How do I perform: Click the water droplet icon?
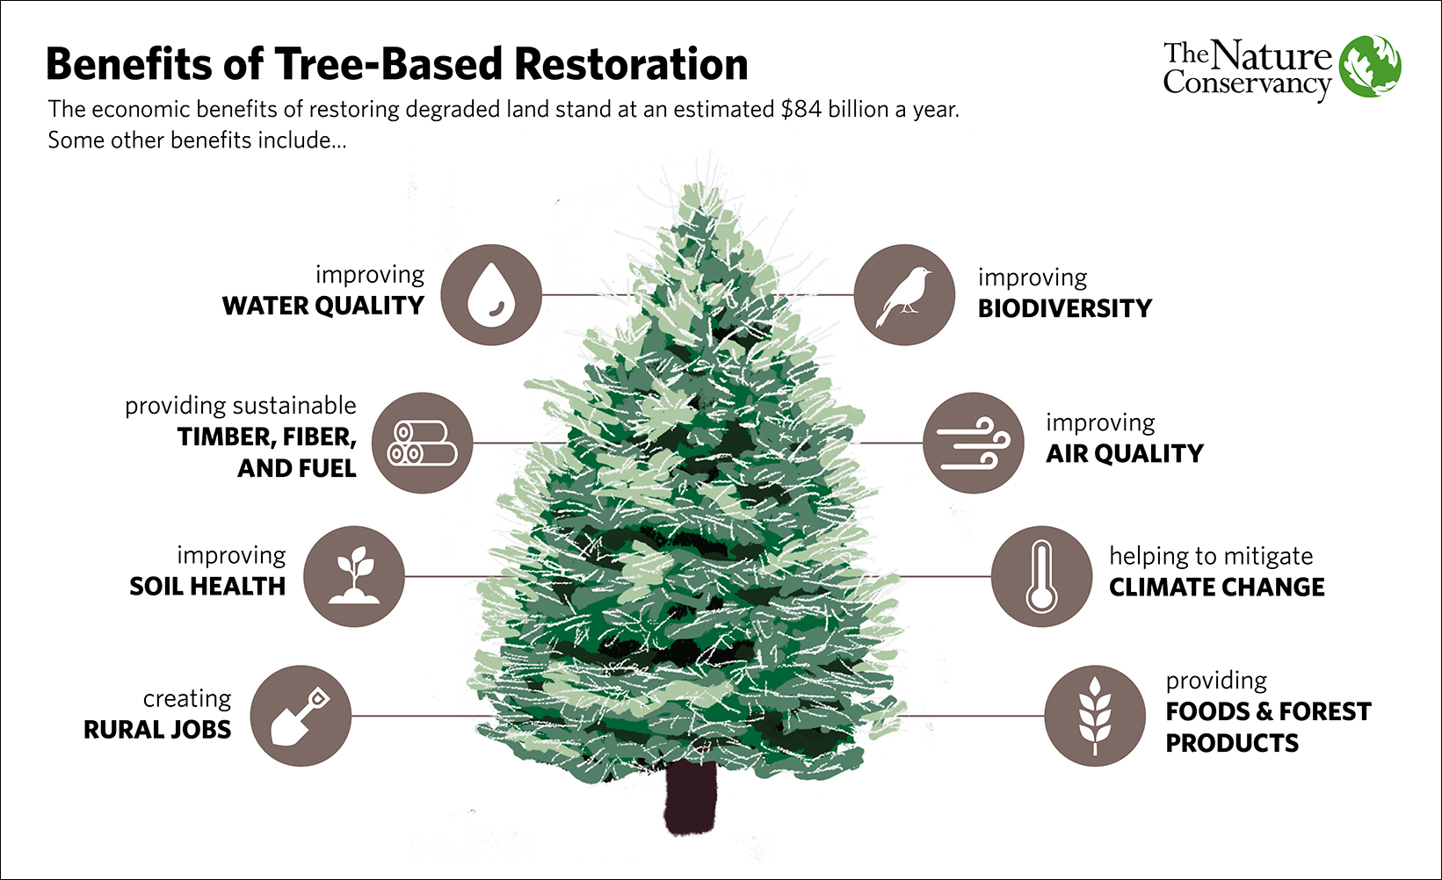[490, 295]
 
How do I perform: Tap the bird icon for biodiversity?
[904, 295]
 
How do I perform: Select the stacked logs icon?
[422, 443]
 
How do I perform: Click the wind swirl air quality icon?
[974, 443]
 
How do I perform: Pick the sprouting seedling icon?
[354, 576]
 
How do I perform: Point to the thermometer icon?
[1041, 576]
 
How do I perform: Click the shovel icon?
[301, 716]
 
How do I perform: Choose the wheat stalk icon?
[1095, 716]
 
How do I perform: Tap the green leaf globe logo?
[1370, 67]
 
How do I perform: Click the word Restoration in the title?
[631, 64]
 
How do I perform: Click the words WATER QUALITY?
[322, 306]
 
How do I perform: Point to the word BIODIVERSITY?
[1064, 308]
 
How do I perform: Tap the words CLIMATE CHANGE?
[1216, 587]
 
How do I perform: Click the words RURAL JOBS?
[157, 730]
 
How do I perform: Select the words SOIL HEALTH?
[207, 586]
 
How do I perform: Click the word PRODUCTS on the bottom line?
[1232, 743]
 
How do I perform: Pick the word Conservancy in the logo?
[1247, 84]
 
